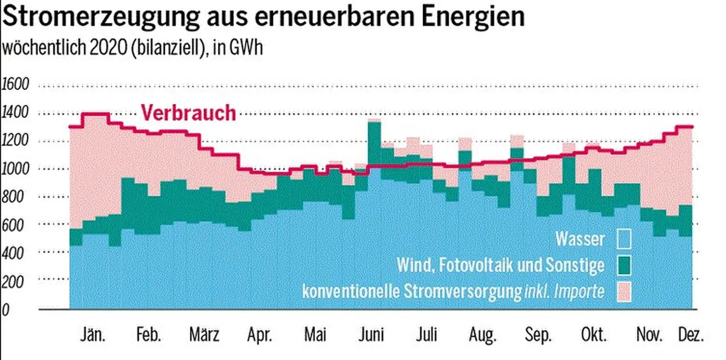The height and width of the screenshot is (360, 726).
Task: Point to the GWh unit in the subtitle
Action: (246, 48)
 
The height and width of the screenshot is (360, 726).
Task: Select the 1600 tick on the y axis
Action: (15, 84)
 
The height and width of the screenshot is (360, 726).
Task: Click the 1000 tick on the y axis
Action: (15, 169)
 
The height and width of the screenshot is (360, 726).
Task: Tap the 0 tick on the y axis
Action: (5, 310)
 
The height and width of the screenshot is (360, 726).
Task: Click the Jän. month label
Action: (92, 335)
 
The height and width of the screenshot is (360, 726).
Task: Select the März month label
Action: (204, 335)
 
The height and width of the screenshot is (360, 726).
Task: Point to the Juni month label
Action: (371, 335)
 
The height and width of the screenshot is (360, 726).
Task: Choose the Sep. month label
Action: (538, 335)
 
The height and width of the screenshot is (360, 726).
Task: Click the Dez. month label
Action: (691, 335)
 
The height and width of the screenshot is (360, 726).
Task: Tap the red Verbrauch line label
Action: (188, 113)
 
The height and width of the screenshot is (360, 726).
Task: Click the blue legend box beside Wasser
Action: (624, 239)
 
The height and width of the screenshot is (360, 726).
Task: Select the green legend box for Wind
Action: (624, 265)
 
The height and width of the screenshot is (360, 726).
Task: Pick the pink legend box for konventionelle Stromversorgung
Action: (624, 291)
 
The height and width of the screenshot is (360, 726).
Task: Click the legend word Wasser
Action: (580, 239)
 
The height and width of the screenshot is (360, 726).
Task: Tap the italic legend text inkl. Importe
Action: (564, 291)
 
